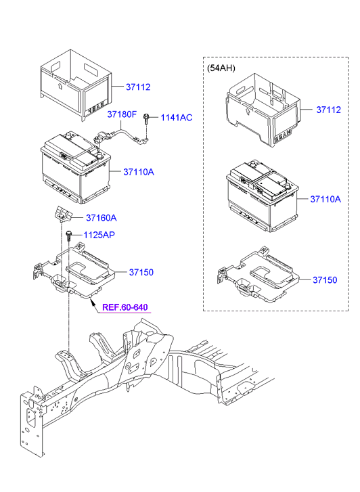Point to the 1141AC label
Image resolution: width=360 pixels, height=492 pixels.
(176, 118)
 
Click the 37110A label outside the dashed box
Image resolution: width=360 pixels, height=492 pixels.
(139, 172)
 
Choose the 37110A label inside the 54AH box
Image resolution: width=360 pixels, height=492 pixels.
(325, 199)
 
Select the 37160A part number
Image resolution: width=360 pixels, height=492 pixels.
(101, 217)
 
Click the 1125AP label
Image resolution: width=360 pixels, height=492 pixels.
(99, 235)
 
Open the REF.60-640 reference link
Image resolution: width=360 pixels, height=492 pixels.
(125, 307)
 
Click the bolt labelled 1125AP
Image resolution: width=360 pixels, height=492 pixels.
(70, 236)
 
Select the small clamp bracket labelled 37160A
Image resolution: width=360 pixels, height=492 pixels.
(63, 214)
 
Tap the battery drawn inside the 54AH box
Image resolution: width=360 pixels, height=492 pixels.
(260, 196)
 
